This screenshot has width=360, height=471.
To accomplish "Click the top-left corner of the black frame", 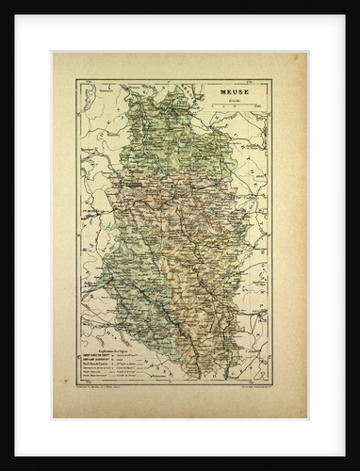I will pos(3,3).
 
